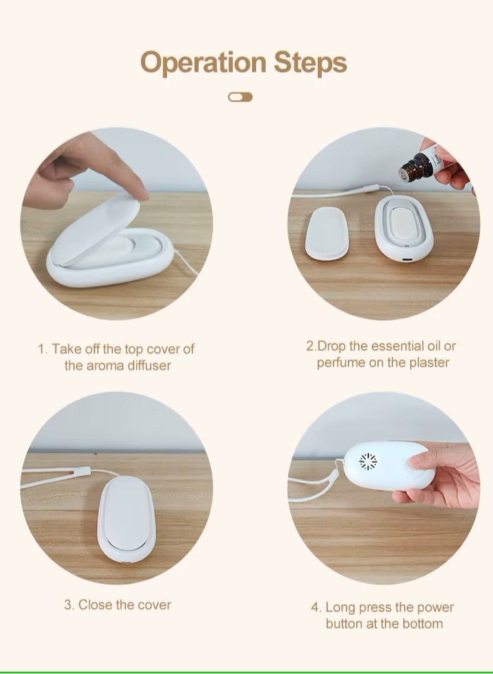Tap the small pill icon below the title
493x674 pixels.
tap(240, 97)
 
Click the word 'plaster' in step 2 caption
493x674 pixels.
tap(427, 362)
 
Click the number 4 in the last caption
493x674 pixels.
tap(315, 607)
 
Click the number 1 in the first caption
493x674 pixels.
tap(42, 349)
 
